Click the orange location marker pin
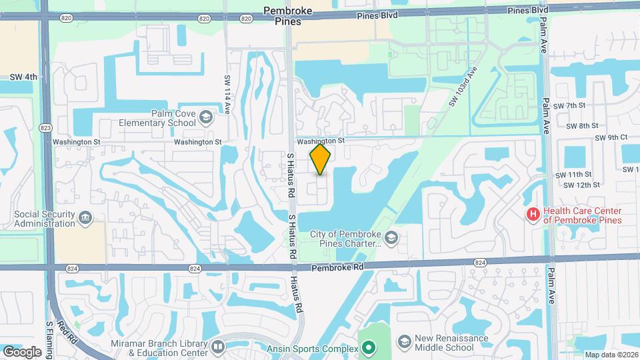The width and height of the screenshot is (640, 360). click(x=321, y=159)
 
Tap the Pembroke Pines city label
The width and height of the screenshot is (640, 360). click(x=288, y=16)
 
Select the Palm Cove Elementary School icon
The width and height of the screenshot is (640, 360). click(x=206, y=118)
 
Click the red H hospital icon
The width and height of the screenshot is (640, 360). click(x=533, y=215)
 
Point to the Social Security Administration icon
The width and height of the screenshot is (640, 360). click(x=85, y=218)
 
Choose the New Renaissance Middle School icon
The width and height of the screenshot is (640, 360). click(x=404, y=343)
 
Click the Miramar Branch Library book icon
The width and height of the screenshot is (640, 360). click(x=217, y=347)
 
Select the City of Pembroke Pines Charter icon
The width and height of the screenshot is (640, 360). click(x=393, y=238)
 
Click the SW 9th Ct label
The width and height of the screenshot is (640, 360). click(x=611, y=137)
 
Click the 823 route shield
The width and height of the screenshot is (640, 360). click(x=45, y=127)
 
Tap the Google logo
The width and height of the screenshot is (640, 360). click(x=23, y=351)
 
